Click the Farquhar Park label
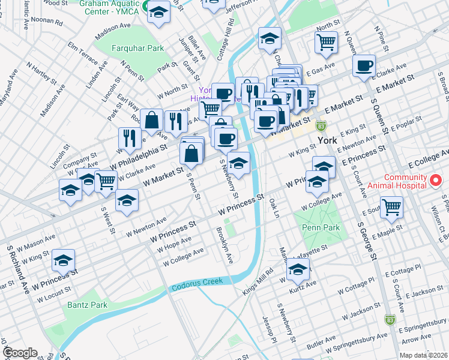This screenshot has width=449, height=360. coord(129,47)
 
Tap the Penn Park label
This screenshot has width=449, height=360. coord(321,227)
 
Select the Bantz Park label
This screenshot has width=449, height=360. coord(87,305)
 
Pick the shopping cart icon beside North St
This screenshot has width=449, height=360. coord(326,42)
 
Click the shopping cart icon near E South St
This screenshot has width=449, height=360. coord(391,207)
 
